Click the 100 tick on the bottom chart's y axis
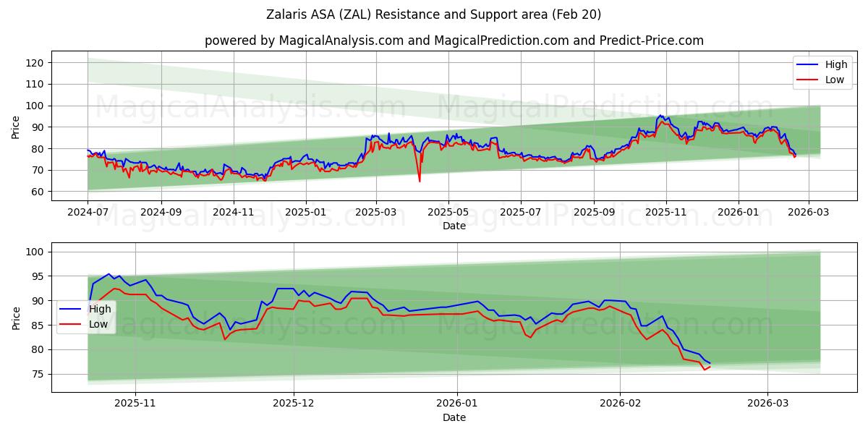(x=35, y=252)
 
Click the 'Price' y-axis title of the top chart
(x=16, y=126)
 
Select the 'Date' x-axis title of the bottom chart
(x=454, y=417)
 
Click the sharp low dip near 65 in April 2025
(x=420, y=181)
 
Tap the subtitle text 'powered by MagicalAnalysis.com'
(x=304, y=41)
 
